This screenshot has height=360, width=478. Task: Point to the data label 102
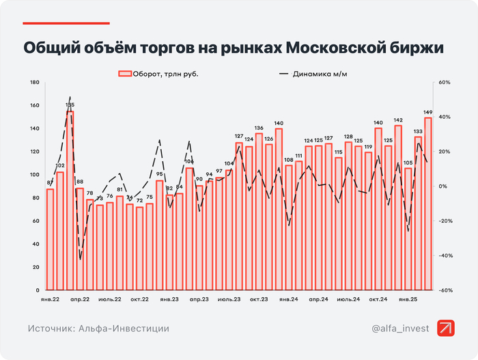point(60,166)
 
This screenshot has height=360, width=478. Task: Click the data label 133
point(418,131)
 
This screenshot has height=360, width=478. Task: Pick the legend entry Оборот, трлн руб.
point(158,73)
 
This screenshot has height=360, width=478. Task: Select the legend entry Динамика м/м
point(313,73)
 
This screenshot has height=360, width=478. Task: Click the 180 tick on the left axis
point(33,83)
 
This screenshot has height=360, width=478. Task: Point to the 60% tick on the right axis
point(444,83)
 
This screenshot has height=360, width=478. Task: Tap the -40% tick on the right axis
point(444,255)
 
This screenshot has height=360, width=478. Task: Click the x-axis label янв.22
point(49,299)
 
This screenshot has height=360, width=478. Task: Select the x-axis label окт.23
point(258,299)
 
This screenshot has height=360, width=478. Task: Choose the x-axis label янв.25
point(408,299)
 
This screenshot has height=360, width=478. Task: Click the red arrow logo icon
point(447,329)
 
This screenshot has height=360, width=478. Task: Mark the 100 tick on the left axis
point(33,175)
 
